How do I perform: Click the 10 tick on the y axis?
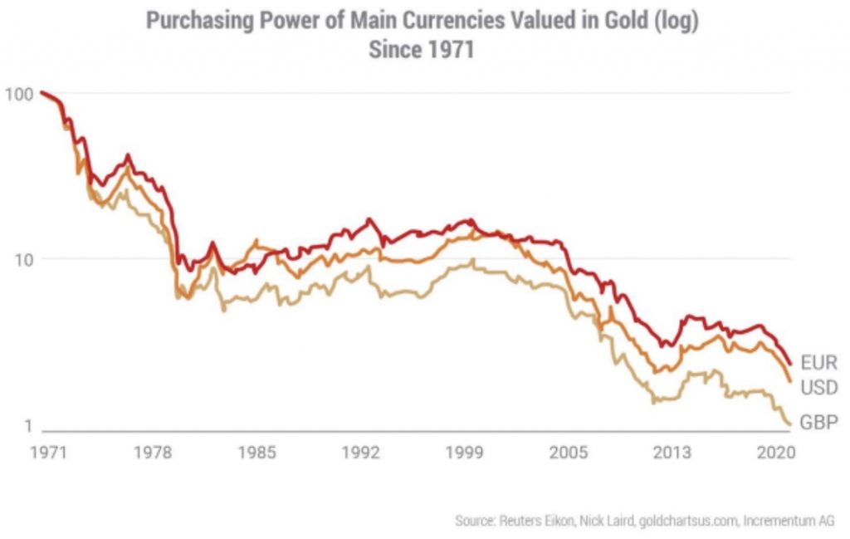pyautogui.click(x=22, y=258)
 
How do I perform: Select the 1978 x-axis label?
pyautogui.click(x=153, y=453)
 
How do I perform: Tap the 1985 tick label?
pyautogui.click(x=256, y=453)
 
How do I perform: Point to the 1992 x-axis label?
pyautogui.click(x=360, y=453)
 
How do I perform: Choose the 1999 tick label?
pyautogui.click(x=465, y=453)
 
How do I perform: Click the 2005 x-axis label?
pyautogui.click(x=569, y=453)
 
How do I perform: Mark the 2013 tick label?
pyautogui.click(x=672, y=453)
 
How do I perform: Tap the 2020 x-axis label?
pyautogui.click(x=775, y=453)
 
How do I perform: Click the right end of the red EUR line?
pyautogui.click(x=791, y=364)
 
